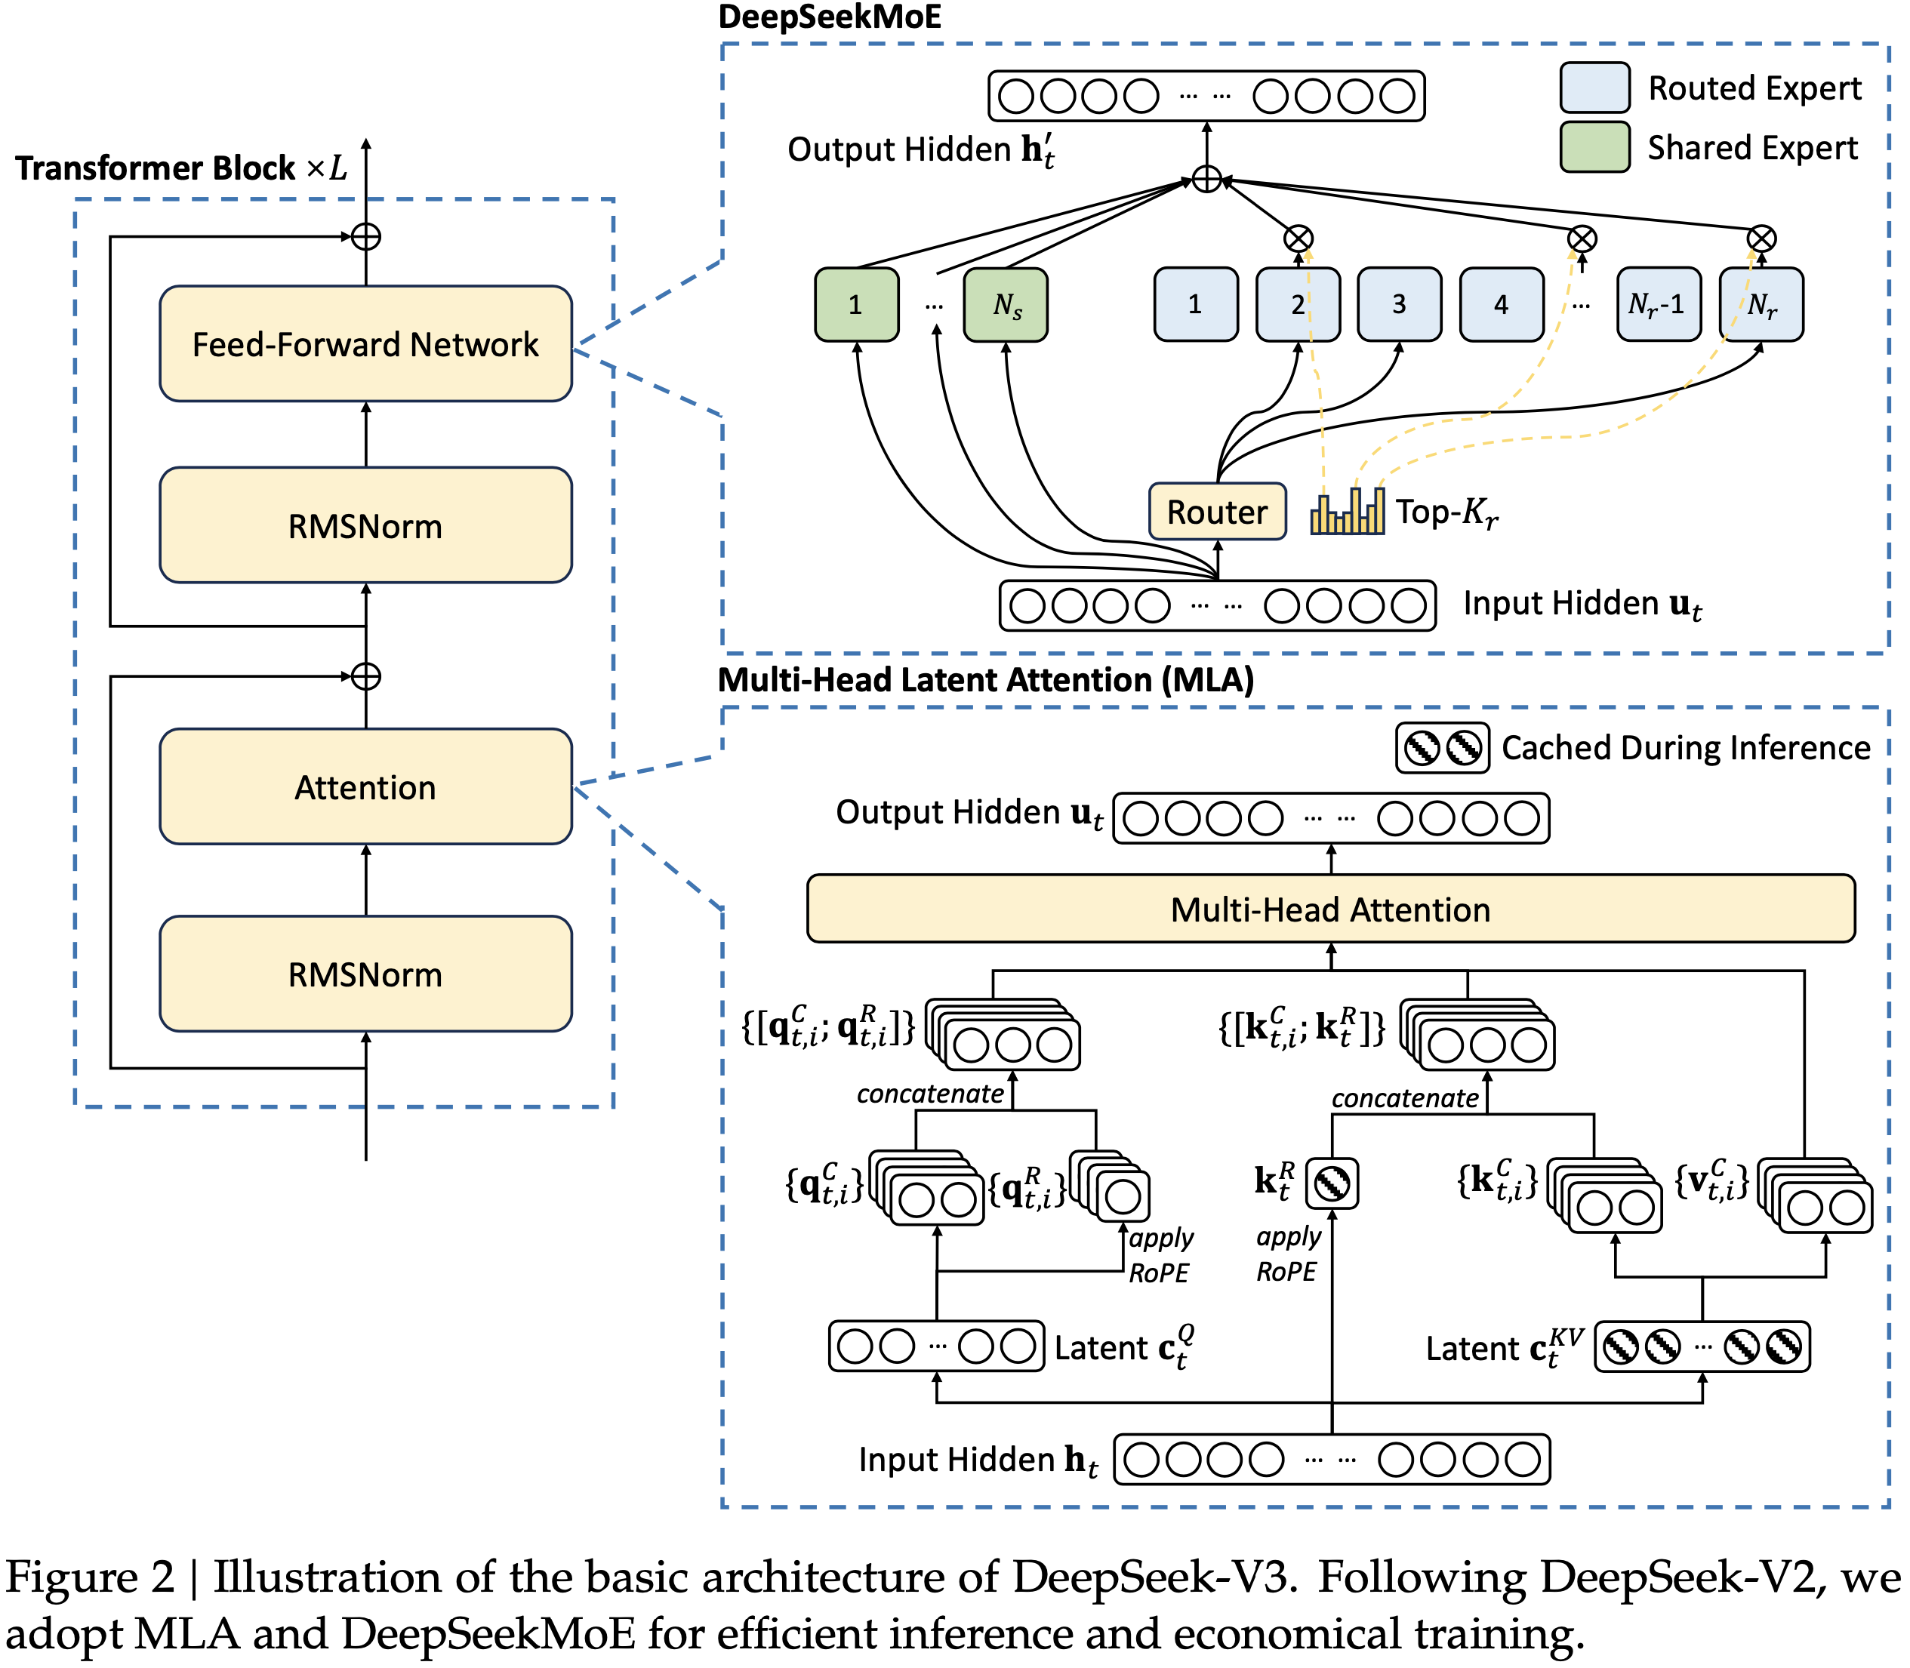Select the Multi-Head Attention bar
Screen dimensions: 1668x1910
pyautogui.click(x=1330, y=909)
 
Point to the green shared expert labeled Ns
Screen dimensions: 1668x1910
pyautogui.click(x=1006, y=304)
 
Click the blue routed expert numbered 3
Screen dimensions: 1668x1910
pyautogui.click(x=1399, y=304)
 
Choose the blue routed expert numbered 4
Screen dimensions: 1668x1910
pyautogui.click(x=1501, y=304)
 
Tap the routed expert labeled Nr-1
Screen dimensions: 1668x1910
pyautogui.click(x=1658, y=304)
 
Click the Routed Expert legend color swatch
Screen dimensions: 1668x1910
pyautogui.click(x=1594, y=88)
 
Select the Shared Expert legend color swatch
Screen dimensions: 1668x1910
pyautogui.click(x=1594, y=147)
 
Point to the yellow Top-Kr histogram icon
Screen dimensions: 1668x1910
pyautogui.click(x=1347, y=512)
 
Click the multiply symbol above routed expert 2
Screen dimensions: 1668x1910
pyautogui.click(x=1298, y=239)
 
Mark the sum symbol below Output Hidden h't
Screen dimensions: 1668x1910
pyautogui.click(x=1206, y=179)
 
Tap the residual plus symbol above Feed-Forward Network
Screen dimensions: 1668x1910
pyautogui.click(x=366, y=236)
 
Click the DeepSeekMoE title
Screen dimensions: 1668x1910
pyautogui.click(x=830, y=17)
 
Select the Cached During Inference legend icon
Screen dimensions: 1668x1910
pyautogui.click(x=1442, y=747)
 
